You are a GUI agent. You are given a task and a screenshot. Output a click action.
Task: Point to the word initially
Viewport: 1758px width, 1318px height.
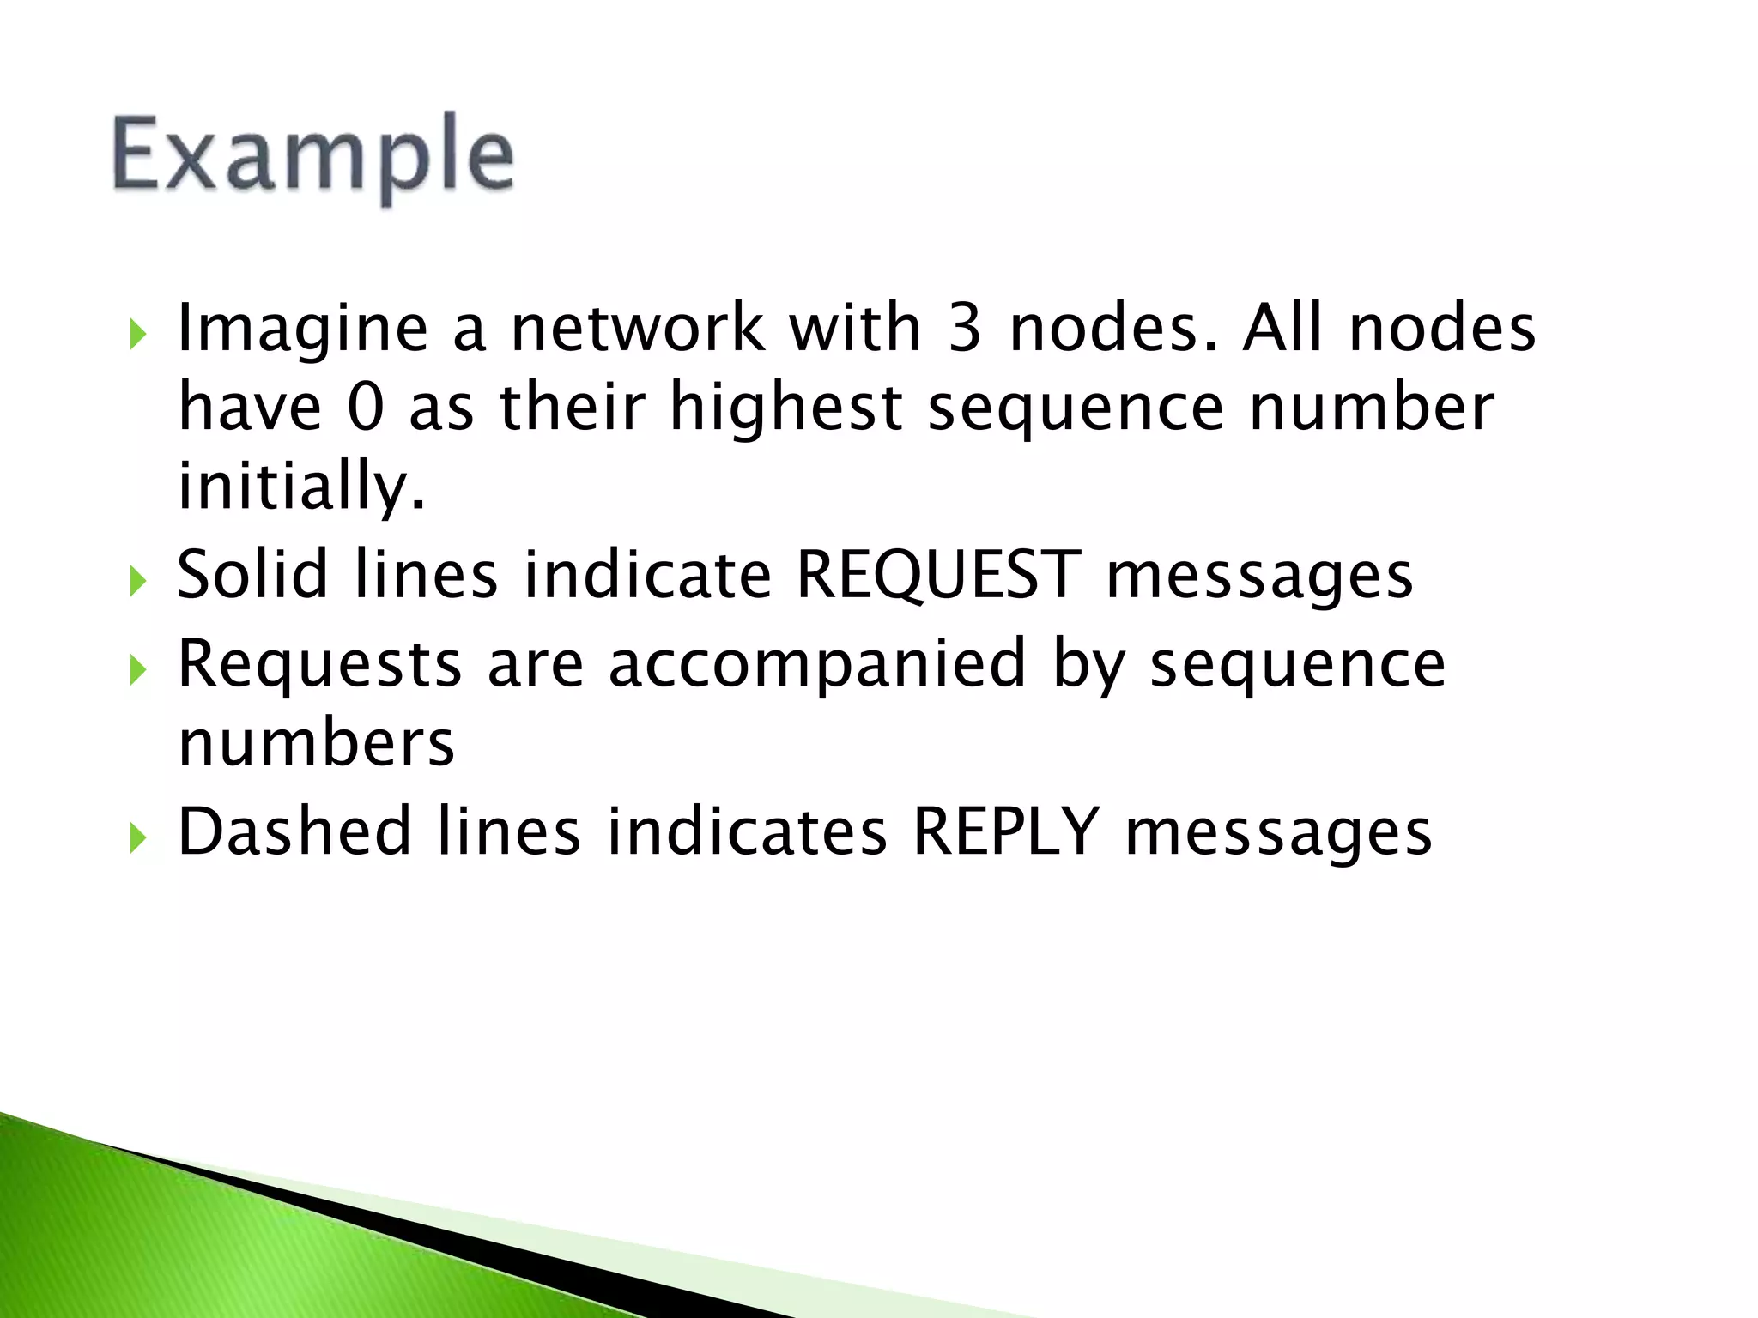[x=300, y=486]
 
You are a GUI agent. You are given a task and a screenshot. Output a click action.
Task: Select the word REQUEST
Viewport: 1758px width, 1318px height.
[x=938, y=575]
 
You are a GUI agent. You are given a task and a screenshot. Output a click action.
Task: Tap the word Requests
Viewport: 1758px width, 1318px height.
[x=319, y=664]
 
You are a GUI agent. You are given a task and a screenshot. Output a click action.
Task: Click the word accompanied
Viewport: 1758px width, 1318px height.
[x=817, y=664]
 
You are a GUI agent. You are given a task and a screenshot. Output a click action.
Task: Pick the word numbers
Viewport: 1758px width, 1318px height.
[x=316, y=743]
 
